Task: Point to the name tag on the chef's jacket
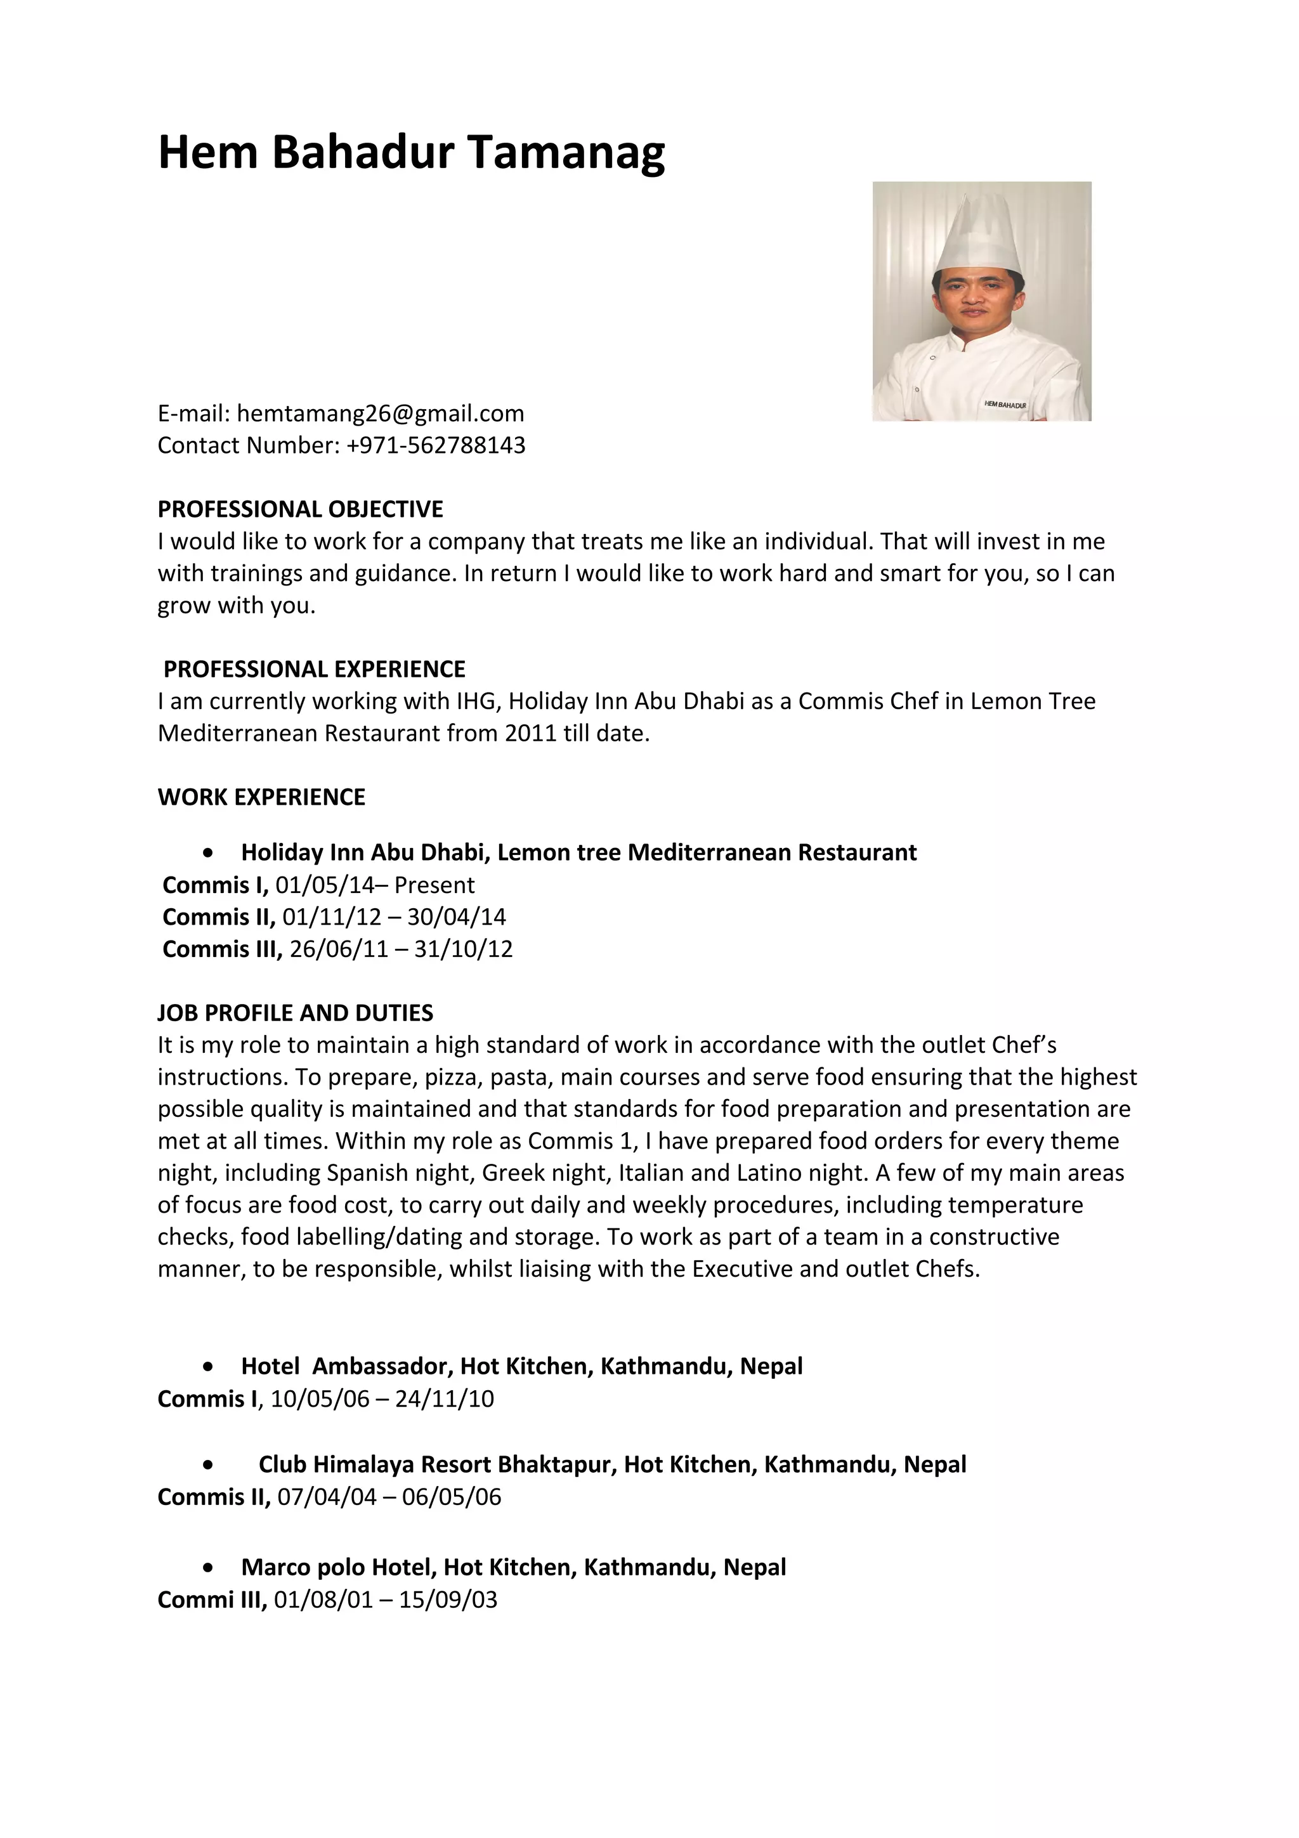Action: pyautogui.click(x=1005, y=405)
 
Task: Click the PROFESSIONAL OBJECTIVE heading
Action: pyautogui.click(x=300, y=509)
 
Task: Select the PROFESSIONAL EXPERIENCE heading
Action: pyautogui.click(x=314, y=669)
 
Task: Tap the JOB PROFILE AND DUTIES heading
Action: pyautogui.click(x=296, y=1013)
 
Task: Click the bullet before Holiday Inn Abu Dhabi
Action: pyautogui.click(x=209, y=854)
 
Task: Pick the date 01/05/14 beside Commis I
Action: pyautogui.click(x=324, y=885)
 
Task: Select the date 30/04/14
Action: pyautogui.click(x=456, y=917)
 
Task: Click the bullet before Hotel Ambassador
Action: pyautogui.click(x=209, y=1367)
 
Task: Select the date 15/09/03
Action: pyautogui.click(x=448, y=1600)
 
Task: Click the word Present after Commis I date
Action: pyautogui.click(x=434, y=885)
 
